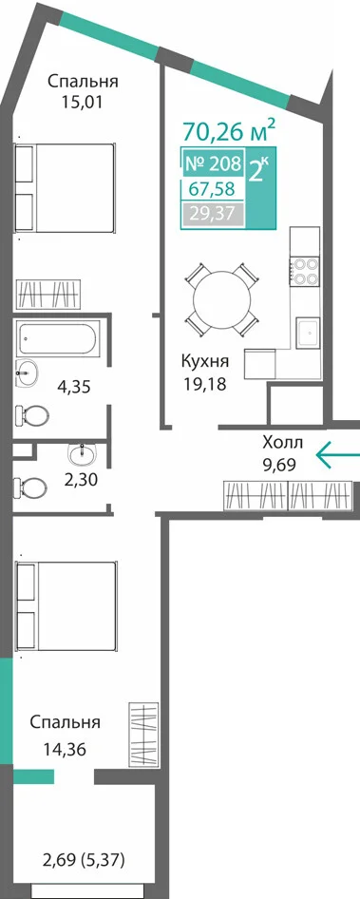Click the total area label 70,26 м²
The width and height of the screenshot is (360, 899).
click(229, 130)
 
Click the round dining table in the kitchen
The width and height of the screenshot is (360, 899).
click(222, 298)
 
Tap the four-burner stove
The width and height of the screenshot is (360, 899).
click(304, 271)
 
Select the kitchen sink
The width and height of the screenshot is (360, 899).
click(307, 334)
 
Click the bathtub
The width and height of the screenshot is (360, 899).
click(59, 337)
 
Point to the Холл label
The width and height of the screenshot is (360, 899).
click(282, 443)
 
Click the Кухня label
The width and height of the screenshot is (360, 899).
click(204, 362)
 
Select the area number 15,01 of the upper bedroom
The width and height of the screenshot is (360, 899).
click(84, 103)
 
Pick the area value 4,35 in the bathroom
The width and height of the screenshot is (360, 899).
click(75, 386)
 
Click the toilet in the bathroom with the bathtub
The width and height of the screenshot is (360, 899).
click(32, 413)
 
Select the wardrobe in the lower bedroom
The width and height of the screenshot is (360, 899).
click(142, 734)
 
